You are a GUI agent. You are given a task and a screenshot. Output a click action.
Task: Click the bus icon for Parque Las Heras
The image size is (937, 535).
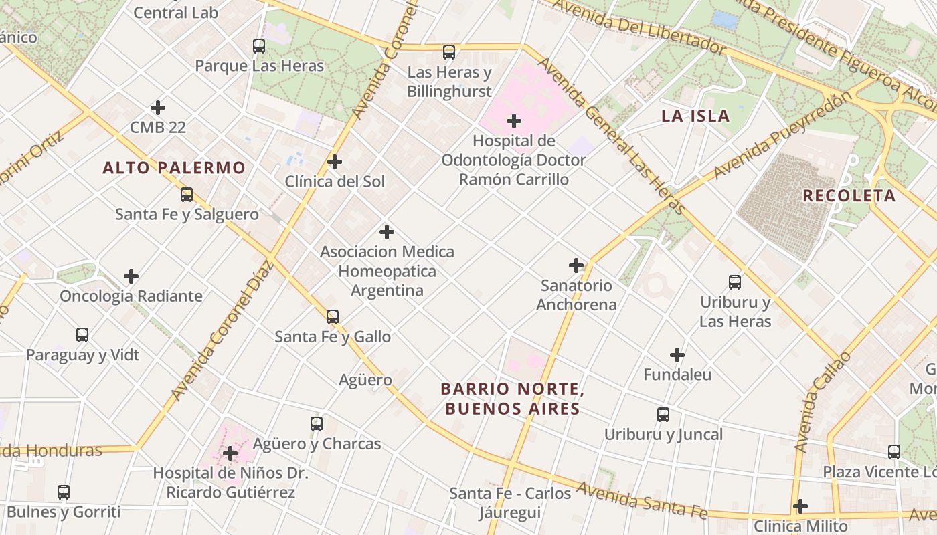point(259,46)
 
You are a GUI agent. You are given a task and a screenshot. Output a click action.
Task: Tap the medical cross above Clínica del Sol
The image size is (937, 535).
point(335,162)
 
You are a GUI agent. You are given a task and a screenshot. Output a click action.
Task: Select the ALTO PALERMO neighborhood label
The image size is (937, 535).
point(174,168)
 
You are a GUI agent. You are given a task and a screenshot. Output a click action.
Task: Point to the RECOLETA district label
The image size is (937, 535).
point(849,196)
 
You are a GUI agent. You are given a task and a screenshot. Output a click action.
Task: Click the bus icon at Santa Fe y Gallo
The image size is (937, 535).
point(333,317)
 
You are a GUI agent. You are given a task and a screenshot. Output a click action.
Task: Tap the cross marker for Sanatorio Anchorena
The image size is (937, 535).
point(576,265)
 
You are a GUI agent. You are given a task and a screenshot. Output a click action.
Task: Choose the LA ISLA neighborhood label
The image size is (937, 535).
point(695,116)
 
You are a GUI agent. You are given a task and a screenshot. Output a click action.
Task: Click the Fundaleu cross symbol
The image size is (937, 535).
point(677,355)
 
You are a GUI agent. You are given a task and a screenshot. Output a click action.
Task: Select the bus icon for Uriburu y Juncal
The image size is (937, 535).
point(663,415)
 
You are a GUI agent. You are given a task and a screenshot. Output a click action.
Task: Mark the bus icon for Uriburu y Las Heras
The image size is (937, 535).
point(735,282)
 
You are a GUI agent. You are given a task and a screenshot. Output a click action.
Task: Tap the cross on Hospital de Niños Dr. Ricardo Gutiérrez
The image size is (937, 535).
point(230,453)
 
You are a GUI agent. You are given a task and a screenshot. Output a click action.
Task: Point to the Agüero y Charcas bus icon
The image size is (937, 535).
point(317,424)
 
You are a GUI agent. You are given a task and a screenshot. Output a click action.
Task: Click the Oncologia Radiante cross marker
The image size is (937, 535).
point(131,276)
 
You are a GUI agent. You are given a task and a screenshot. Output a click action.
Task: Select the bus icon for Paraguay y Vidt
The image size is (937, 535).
point(82,335)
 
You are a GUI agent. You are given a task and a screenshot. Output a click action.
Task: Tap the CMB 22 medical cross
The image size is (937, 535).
point(158,108)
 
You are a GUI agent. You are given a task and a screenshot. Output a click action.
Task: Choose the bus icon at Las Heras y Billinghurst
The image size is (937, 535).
point(449,52)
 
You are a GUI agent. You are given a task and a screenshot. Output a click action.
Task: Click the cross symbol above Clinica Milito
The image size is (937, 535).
point(800,506)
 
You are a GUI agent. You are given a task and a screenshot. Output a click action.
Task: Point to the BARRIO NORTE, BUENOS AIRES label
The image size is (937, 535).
point(513,399)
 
